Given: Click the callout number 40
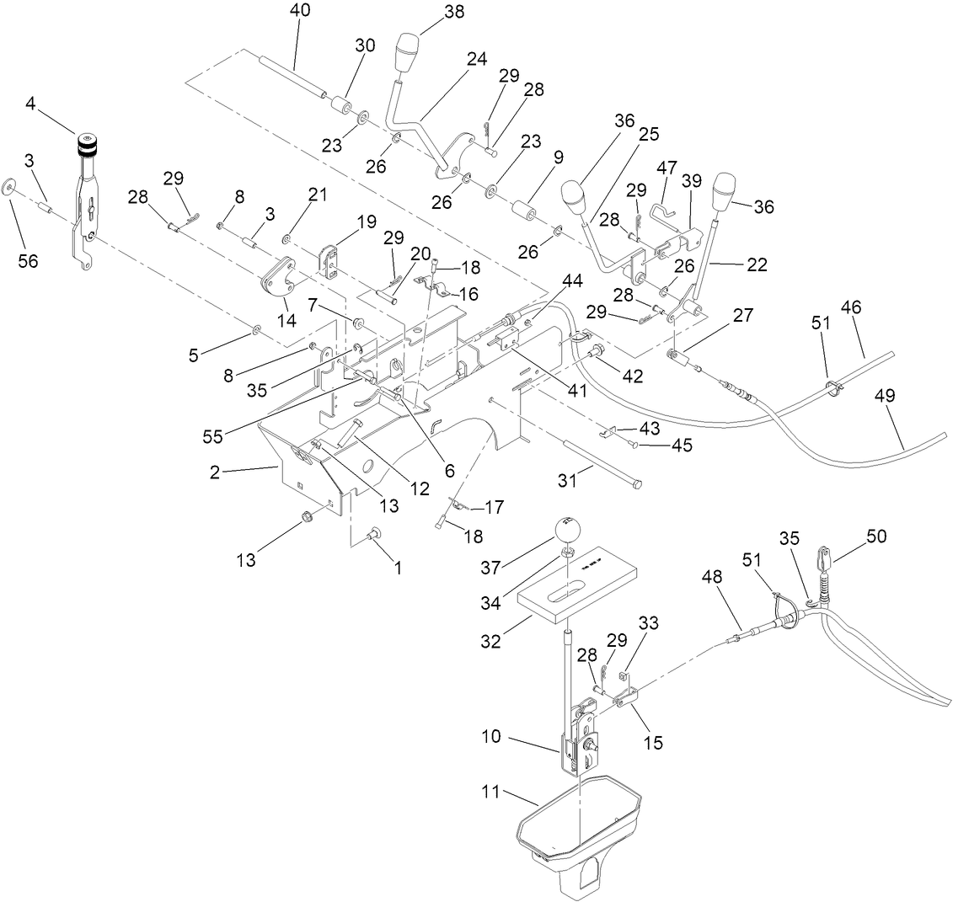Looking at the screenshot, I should pos(299,11).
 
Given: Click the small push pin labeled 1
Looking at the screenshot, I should pos(373,533).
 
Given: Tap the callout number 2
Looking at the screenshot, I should pos(215,472).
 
